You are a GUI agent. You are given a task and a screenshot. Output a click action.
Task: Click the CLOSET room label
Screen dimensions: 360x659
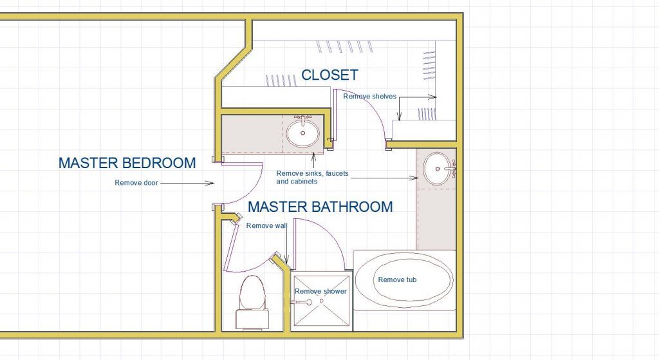pyautogui.click(x=329, y=75)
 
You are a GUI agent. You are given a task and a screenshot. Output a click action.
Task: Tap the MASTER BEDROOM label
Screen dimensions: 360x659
pyautogui.click(x=127, y=163)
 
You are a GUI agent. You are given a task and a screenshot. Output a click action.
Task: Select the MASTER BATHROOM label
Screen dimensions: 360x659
pyautogui.click(x=320, y=207)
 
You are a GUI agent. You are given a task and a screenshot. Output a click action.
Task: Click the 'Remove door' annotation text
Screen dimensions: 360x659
pyautogui.click(x=136, y=183)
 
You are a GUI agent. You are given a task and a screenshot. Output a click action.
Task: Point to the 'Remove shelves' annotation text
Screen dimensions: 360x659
pyautogui.click(x=369, y=97)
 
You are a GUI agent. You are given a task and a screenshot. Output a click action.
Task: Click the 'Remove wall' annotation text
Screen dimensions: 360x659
pyautogui.click(x=266, y=225)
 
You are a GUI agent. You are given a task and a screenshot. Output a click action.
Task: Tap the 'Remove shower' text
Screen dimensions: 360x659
pyautogui.click(x=320, y=291)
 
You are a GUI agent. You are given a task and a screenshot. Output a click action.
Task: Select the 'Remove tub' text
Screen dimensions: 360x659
pyautogui.click(x=397, y=279)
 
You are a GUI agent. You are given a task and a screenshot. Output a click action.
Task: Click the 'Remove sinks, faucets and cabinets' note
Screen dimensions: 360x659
pyautogui.click(x=305, y=177)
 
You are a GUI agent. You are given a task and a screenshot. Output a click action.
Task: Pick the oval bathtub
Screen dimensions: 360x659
pyautogui.click(x=404, y=280)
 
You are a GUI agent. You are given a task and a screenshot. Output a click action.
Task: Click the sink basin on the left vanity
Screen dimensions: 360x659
pyautogui.click(x=302, y=133)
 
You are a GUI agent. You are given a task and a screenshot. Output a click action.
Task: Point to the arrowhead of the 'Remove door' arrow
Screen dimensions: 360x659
pyautogui.click(x=212, y=183)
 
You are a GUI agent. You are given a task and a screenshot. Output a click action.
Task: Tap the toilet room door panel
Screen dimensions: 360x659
pyautogui.click(x=233, y=245)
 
